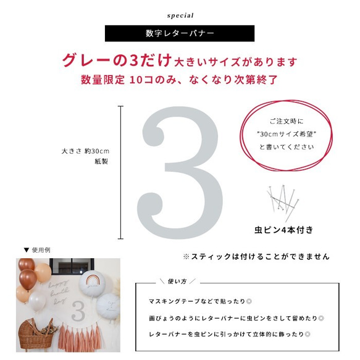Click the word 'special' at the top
pos(180,15)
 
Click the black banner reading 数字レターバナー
pos(180,33)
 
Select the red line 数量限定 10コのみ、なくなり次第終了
pos(180,80)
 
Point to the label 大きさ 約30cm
pos(85,151)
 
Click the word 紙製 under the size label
pos(101,161)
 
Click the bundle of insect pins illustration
pos(282,201)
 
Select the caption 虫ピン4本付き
pos(284,230)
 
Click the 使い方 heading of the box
pos(177,282)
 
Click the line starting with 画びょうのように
pos(237,319)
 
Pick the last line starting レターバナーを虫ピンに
pos(230,335)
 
